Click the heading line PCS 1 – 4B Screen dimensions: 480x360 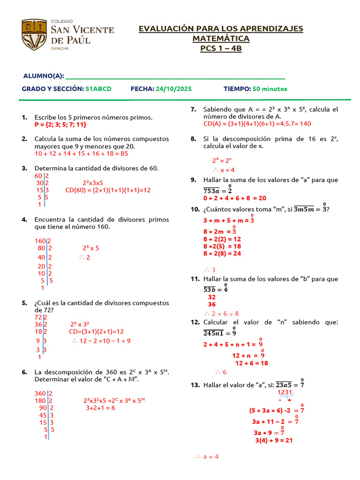coord(221,48)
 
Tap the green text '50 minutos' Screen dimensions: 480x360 coord(270,89)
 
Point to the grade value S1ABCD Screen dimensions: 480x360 coord(98,89)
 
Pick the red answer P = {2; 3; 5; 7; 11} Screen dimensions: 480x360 coord(60,125)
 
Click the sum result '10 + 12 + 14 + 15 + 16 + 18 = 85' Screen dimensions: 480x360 coord(81,153)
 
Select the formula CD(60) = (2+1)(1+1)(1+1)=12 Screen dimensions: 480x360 coord(108,190)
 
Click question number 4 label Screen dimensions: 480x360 coord(24,219)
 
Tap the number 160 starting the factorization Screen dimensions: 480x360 coord(40,241)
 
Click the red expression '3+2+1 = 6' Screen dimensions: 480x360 coord(100,408)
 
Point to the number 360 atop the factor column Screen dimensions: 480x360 coord(40,393)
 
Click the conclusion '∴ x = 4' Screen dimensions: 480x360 coord(224,170)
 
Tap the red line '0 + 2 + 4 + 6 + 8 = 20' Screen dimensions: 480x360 coord(234,198)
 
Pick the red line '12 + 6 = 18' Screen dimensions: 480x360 coord(251,363)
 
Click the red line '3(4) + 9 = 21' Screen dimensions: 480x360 coord(274,440)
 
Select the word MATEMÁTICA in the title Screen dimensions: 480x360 coord(221,38)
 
